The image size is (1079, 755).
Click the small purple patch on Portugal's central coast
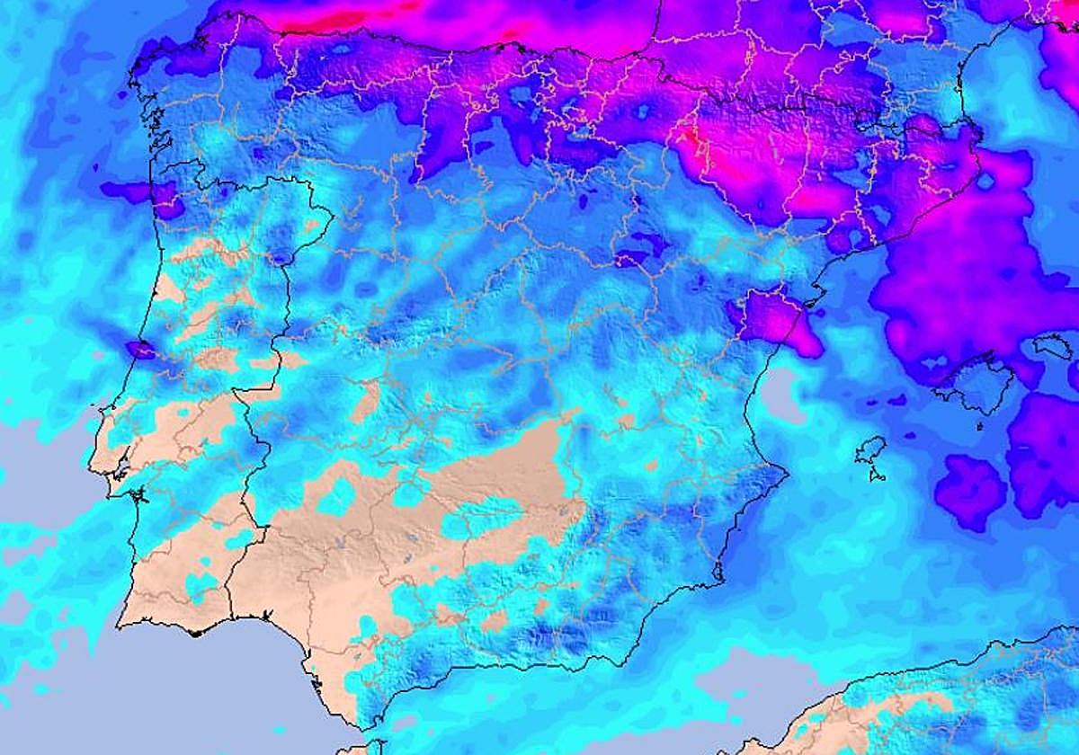pos(140,350)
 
